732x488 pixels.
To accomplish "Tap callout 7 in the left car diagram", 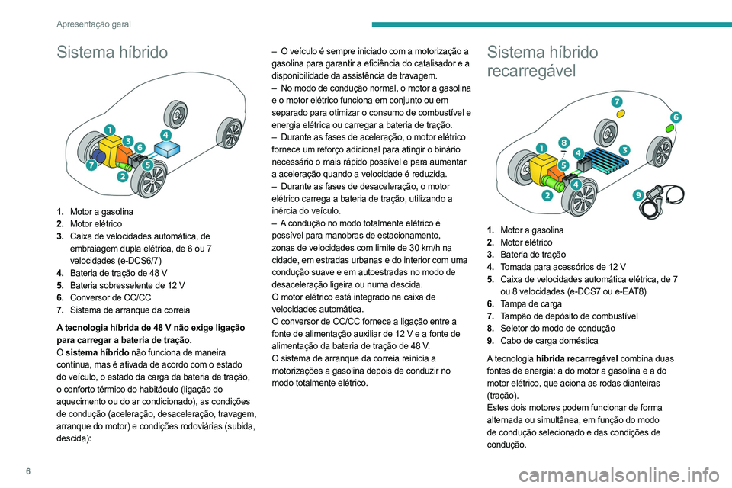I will (x=91, y=164).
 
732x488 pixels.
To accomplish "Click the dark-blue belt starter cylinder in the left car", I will (x=99, y=155).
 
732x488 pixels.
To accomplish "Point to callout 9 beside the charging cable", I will (x=637, y=195).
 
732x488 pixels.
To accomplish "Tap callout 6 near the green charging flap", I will (x=675, y=116).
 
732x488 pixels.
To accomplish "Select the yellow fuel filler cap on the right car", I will (x=621, y=112).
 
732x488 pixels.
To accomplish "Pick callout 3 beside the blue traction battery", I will (x=624, y=149).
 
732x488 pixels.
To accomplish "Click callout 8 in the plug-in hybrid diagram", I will (x=563, y=142).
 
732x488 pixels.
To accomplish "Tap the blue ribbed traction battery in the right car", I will (x=606, y=162).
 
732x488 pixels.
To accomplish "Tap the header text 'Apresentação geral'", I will (x=93, y=24).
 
